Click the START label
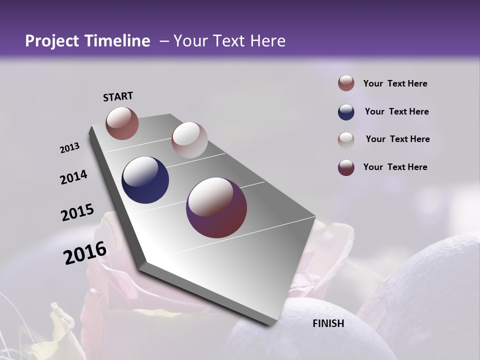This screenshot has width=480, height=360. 118,96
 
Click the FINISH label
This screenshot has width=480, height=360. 328,323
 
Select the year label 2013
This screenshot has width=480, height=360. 69,148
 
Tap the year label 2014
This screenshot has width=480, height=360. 73,177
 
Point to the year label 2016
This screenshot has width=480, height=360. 85,252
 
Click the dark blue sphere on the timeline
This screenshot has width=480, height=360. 145,180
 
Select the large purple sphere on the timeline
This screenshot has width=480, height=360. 216,207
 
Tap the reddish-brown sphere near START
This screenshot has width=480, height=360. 122,123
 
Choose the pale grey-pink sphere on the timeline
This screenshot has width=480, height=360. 189,140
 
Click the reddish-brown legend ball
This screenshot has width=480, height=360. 346,83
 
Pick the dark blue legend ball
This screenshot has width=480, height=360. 346,112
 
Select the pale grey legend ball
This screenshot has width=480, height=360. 346,139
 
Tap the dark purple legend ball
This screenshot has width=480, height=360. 346,167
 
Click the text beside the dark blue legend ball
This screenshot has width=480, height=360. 396,111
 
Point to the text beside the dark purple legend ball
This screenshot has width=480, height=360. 395,167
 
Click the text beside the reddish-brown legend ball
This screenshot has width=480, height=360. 395,83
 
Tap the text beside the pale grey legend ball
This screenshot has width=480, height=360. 397,139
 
